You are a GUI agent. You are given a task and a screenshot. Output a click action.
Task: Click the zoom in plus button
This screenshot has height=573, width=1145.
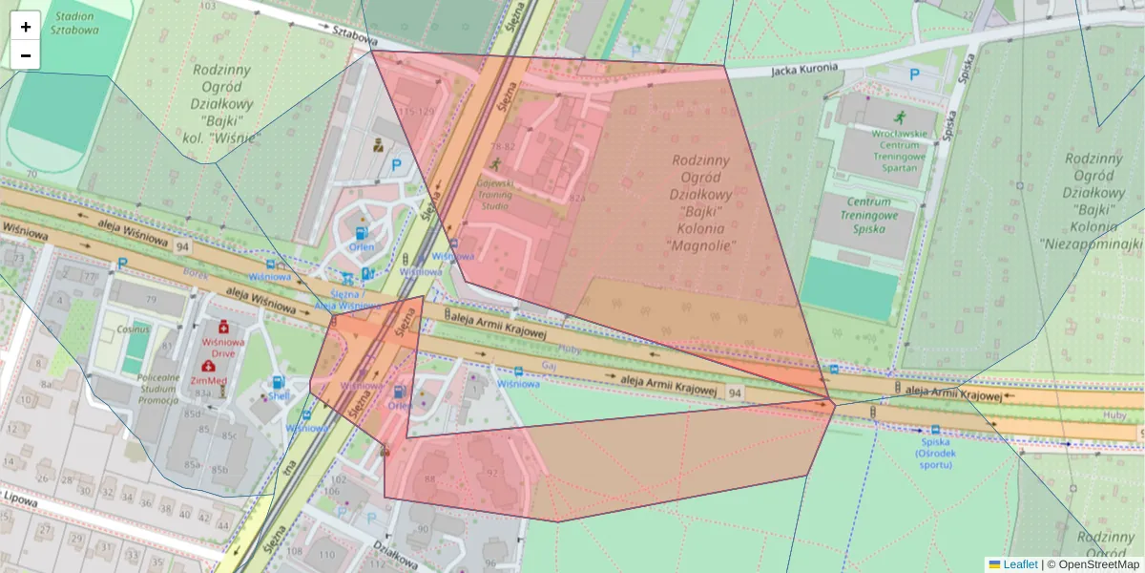point(26,27)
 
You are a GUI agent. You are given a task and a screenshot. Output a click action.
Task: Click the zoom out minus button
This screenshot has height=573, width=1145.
point(26,55)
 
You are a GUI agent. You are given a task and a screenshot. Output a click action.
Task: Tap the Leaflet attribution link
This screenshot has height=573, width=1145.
point(1020,564)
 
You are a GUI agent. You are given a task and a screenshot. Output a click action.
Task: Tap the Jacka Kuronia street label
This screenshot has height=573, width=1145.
point(804,69)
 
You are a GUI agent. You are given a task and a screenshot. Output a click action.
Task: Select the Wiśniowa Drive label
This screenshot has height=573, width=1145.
point(223,346)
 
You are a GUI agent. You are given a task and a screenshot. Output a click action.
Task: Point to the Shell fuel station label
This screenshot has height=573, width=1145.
point(278,396)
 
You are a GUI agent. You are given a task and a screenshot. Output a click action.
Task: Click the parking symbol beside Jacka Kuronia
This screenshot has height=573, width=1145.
point(914,74)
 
